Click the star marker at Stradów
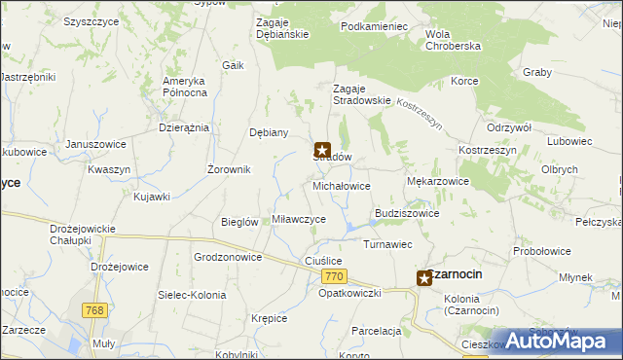click(x=323, y=150)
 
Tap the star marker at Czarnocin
click(x=424, y=278)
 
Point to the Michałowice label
click(x=341, y=185)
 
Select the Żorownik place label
click(x=230, y=169)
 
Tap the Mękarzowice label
click(x=437, y=181)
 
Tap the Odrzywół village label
click(x=507, y=128)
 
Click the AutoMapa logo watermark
click(x=560, y=341)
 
